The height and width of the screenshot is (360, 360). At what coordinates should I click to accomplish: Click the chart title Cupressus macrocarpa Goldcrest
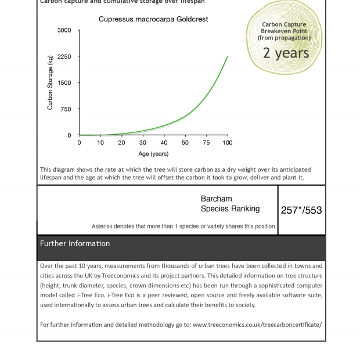coord(153,19)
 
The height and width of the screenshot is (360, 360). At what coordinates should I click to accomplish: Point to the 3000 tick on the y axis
coord(64,30)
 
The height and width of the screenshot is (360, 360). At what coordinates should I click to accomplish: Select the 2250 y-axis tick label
coord(64,56)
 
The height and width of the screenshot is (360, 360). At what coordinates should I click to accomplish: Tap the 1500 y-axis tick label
coord(64,82)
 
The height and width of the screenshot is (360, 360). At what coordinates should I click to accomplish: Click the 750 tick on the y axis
coord(66,109)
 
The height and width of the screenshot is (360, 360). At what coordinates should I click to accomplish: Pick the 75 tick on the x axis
coord(206,142)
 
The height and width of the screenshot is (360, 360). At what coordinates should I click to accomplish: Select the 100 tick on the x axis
coord(227,142)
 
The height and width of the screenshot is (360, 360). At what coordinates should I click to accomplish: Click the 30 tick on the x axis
coord(143,142)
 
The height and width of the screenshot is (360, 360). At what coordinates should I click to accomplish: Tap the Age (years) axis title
coord(153,154)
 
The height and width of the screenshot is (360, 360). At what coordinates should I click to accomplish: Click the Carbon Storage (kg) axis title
coord(51,82)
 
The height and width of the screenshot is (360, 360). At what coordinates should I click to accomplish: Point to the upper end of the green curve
coord(227,57)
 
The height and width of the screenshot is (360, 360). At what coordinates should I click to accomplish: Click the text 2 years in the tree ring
coord(286,53)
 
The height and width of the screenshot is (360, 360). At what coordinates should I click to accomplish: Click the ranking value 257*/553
coord(301,210)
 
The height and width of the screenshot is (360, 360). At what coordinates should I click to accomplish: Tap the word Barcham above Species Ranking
coord(216,199)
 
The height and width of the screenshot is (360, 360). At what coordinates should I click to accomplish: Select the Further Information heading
coord(75,243)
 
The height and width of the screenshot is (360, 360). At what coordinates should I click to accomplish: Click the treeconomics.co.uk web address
coord(257,325)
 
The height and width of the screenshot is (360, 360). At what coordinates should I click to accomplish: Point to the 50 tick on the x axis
coord(185,142)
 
